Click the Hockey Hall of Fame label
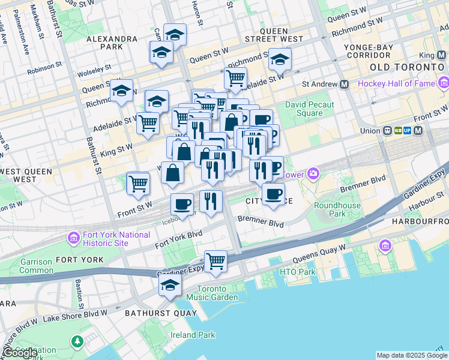coord(396,83)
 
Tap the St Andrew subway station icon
coord(345,85)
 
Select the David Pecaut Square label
coord(312,109)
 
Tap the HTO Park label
coord(297,272)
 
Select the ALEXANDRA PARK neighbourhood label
coord(112,42)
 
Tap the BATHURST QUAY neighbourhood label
coord(160,313)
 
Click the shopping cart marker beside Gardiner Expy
coord(215,262)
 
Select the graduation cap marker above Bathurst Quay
coord(170,284)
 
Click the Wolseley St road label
coord(94,70)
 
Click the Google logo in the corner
coord(19,353)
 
